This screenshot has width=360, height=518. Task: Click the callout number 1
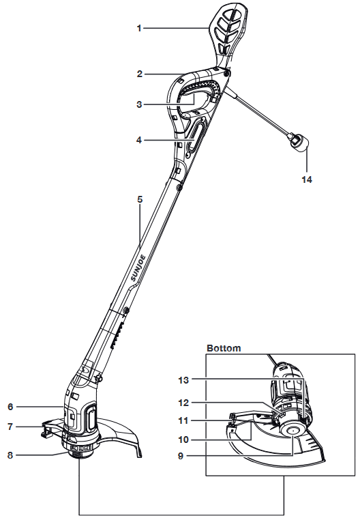139,29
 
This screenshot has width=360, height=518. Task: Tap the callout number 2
140,74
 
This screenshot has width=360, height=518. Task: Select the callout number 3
139,104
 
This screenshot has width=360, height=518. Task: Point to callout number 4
139,140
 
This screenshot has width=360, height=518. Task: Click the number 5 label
140,199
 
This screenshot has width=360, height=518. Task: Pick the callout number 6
10,407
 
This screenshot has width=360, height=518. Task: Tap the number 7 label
10,427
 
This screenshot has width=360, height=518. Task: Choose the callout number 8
10,455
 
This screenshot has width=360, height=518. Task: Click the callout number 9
181,456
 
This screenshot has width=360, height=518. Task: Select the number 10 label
183,440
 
